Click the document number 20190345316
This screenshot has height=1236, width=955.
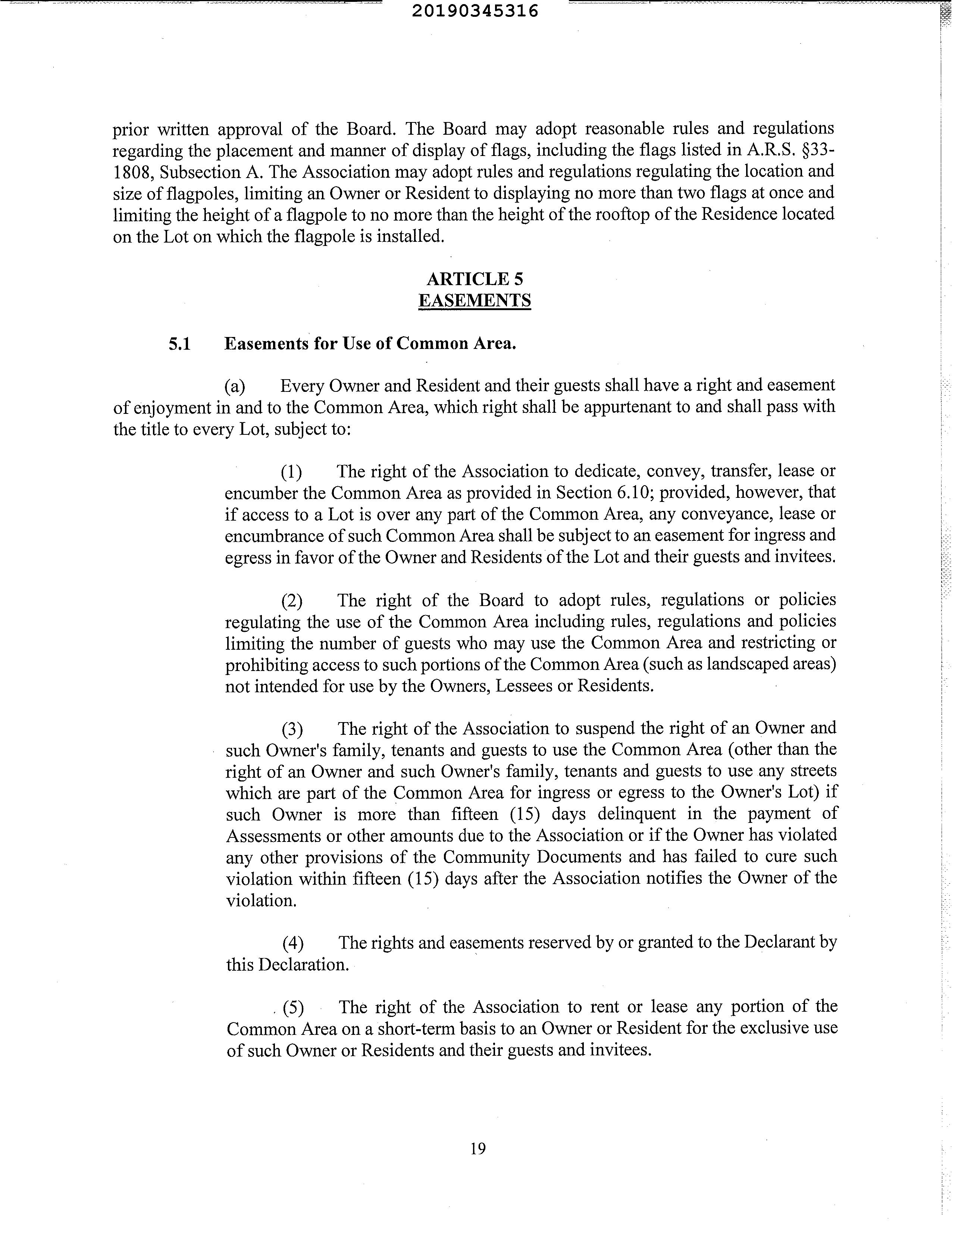(x=483, y=11)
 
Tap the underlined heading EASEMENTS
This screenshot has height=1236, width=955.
(x=475, y=300)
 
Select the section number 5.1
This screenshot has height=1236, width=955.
(x=179, y=344)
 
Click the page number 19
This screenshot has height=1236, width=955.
(x=477, y=1148)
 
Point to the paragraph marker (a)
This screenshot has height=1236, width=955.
(x=235, y=386)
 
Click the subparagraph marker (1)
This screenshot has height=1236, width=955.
(x=291, y=471)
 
